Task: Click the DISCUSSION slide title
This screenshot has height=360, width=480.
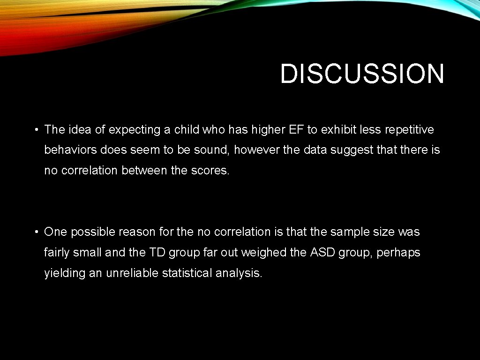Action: pyautogui.click(x=362, y=74)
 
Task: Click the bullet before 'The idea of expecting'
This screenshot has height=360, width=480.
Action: pyautogui.click(x=36, y=130)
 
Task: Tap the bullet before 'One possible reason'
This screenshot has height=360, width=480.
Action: pyautogui.click(x=36, y=232)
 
